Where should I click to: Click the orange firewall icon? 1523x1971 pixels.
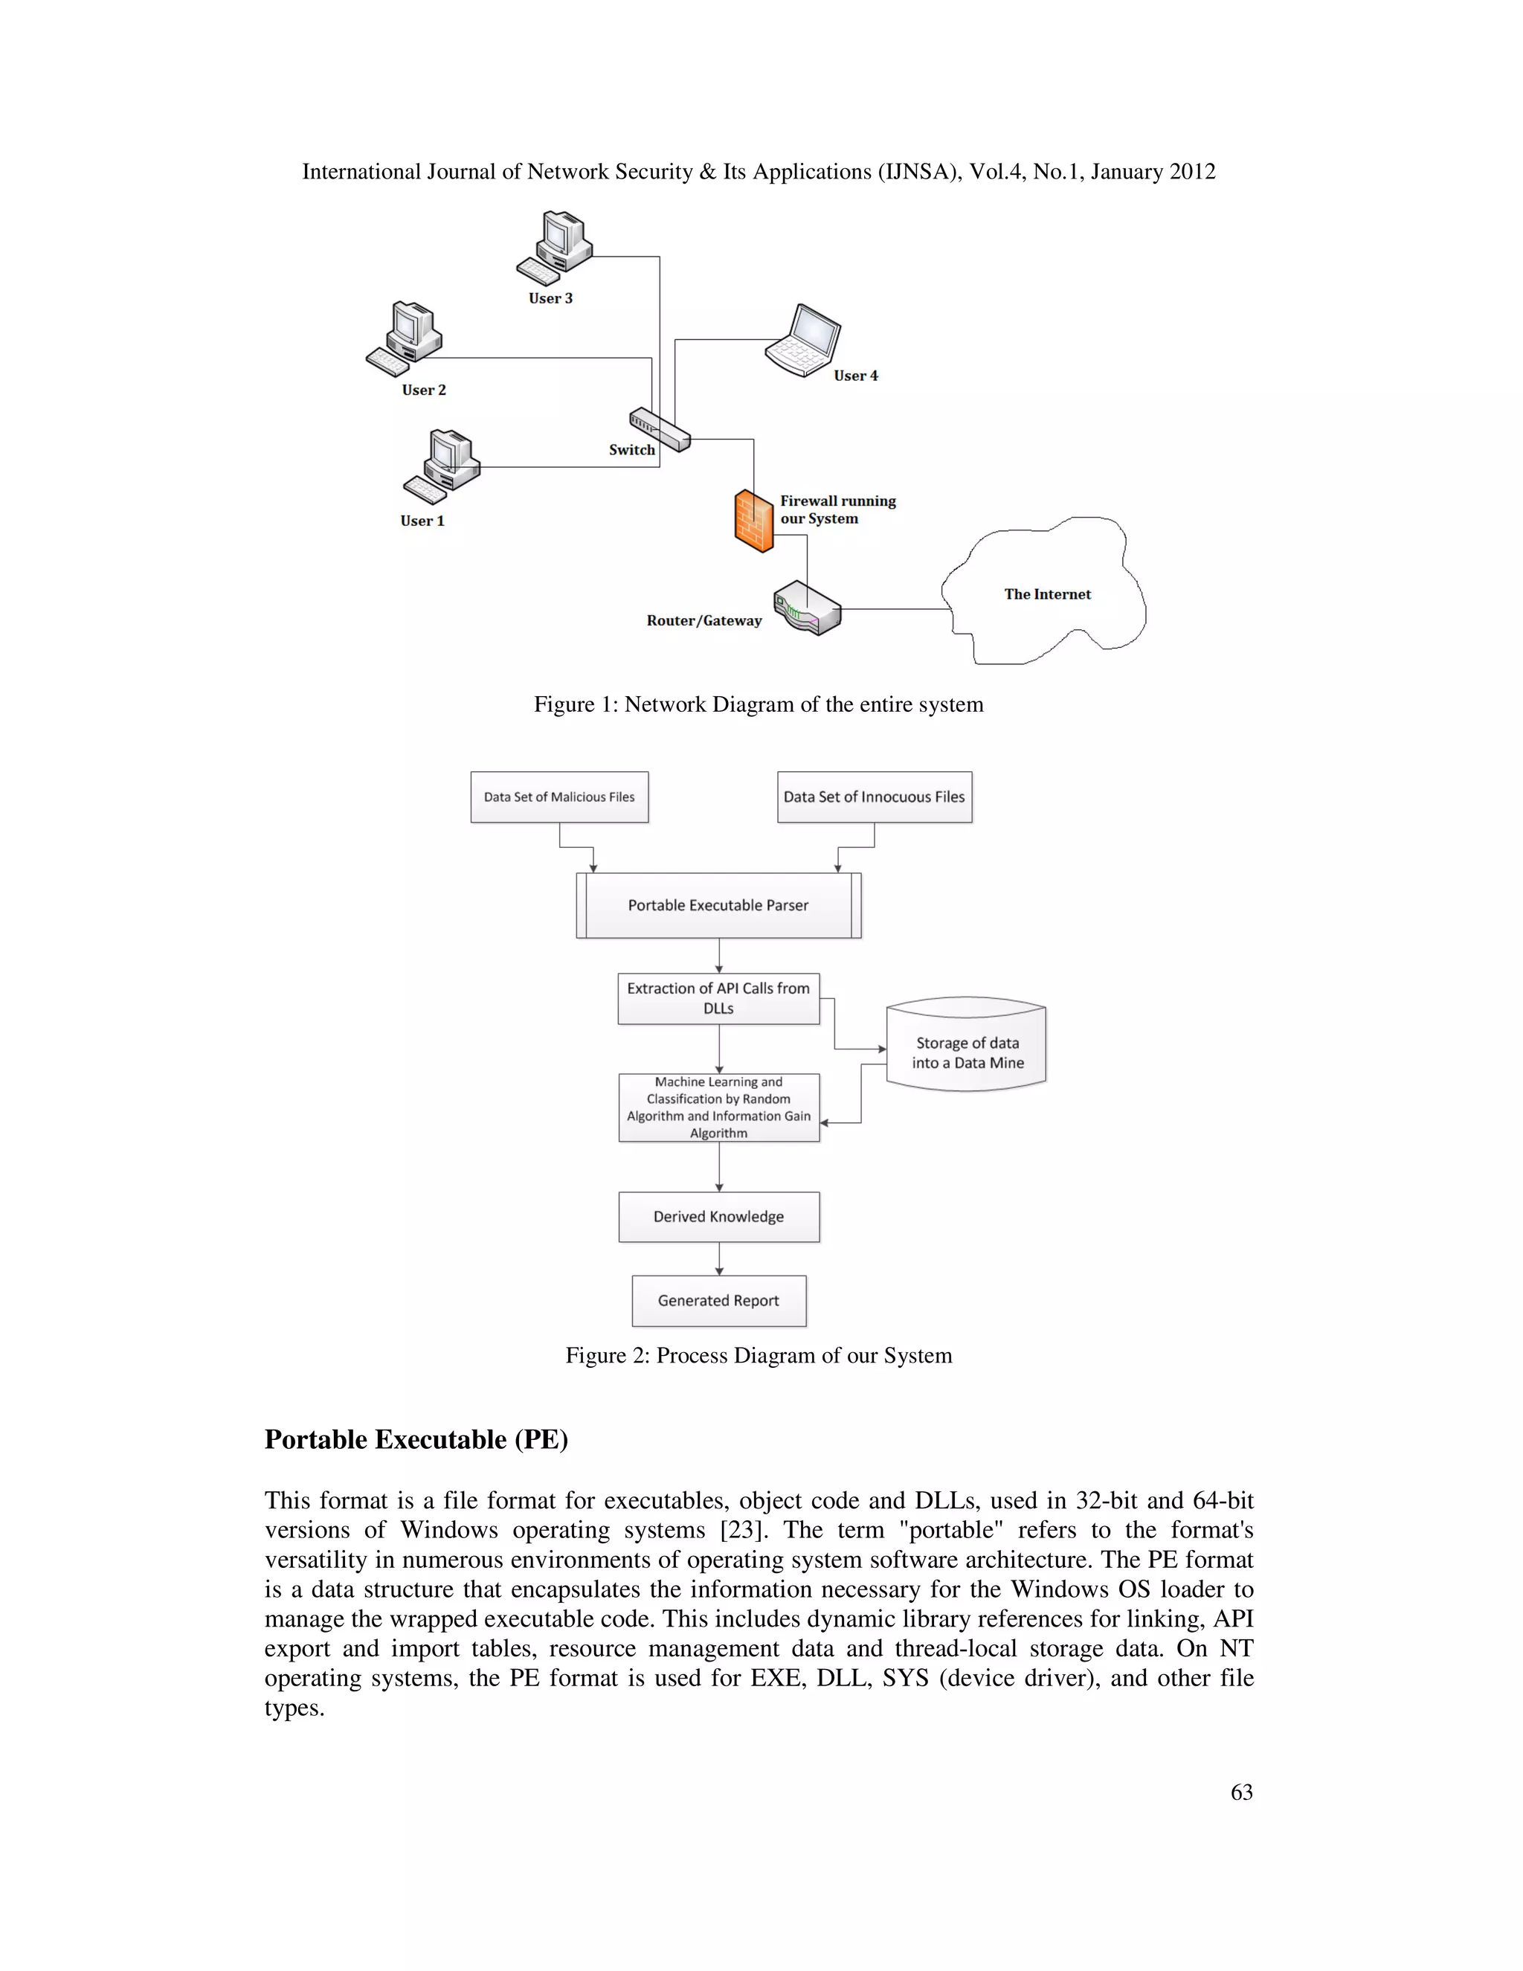click(x=753, y=521)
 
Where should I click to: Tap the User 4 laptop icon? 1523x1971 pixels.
click(x=804, y=341)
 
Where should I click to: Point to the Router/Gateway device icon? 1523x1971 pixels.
click(x=807, y=608)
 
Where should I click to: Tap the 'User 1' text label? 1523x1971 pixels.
click(x=422, y=521)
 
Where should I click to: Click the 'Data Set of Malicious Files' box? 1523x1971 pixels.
click(x=559, y=797)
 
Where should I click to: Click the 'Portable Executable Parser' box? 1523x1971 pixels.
click(x=718, y=905)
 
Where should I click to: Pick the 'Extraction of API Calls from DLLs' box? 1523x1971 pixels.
click(x=718, y=998)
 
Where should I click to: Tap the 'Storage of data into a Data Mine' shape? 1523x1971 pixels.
click(x=966, y=1052)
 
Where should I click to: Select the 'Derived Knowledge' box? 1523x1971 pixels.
click(x=718, y=1217)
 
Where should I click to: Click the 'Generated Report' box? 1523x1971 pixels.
click(x=718, y=1300)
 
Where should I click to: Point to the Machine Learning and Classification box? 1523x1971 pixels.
click(x=718, y=1107)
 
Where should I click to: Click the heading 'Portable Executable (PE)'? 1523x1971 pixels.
click(x=416, y=1439)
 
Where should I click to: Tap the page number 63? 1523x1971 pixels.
click(x=1240, y=1792)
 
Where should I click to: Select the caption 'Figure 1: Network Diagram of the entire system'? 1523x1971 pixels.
click(x=758, y=705)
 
